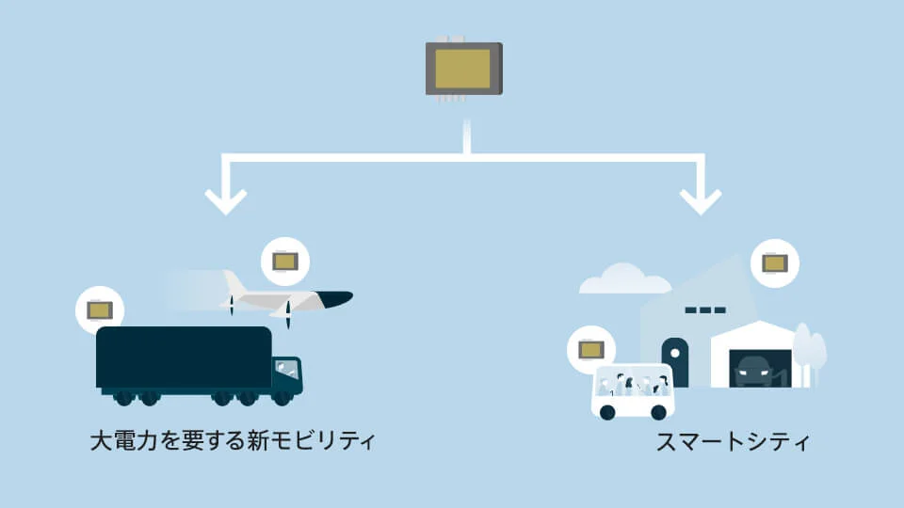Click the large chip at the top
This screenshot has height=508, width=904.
(x=464, y=69)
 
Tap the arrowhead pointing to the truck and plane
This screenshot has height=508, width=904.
(x=226, y=201)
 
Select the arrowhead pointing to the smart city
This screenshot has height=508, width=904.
(x=701, y=201)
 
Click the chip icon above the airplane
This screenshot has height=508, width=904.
(x=285, y=262)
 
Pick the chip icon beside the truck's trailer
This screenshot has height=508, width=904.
(x=100, y=310)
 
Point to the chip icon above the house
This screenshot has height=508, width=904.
(x=775, y=263)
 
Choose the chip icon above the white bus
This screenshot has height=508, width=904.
(x=591, y=350)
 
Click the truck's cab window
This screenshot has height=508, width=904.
(x=286, y=370)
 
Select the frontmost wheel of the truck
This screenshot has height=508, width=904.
(x=282, y=398)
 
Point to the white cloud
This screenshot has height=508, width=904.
(x=625, y=279)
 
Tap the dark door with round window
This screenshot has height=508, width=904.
(x=675, y=362)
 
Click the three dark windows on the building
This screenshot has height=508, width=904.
(x=705, y=310)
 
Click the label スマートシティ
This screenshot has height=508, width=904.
(x=733, y=442)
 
